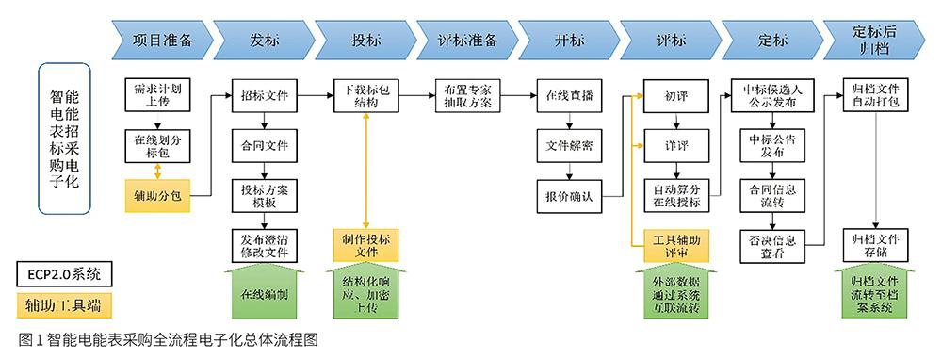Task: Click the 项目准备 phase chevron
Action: (x=160, y=41)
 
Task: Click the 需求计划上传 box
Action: (x=157, y=94)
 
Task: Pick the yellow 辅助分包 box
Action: (x=157, y=195)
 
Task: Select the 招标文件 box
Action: (x=265, y=95)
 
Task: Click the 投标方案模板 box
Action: (x=265, y=195)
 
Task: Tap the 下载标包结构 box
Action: (x=367, y=95)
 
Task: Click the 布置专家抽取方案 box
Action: (x=469, y=95)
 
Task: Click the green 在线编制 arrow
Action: (x=265, y=293)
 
